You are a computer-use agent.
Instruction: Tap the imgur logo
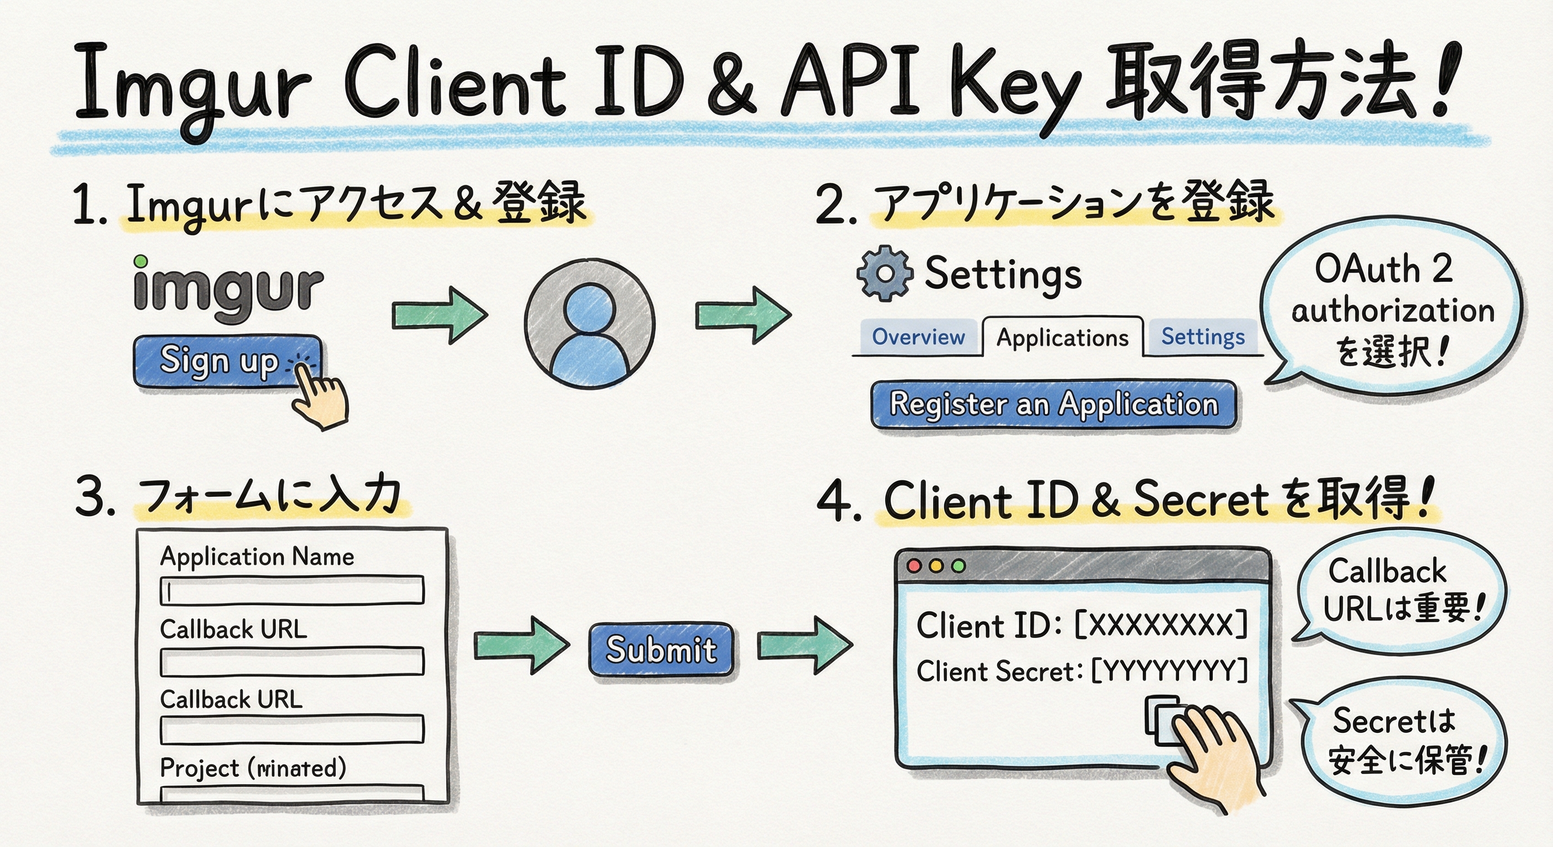click(228, 288)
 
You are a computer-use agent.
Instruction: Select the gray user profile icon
click(590, 324)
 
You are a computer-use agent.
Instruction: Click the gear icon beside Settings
click(885, 273)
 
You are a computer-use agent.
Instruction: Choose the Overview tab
click(918, 337)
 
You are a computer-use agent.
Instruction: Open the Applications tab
click(1062, 337)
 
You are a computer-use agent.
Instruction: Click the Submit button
click(661, 649)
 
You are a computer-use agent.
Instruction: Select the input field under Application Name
click(292, 590)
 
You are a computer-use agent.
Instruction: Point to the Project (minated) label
click(253, 768)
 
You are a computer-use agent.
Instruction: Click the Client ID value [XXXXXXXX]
click(1161, 625)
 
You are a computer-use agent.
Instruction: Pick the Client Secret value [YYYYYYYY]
click(1170, 671)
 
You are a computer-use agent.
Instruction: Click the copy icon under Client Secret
click(1163, 720)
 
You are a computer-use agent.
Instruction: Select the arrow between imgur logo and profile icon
click(440, 315)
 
